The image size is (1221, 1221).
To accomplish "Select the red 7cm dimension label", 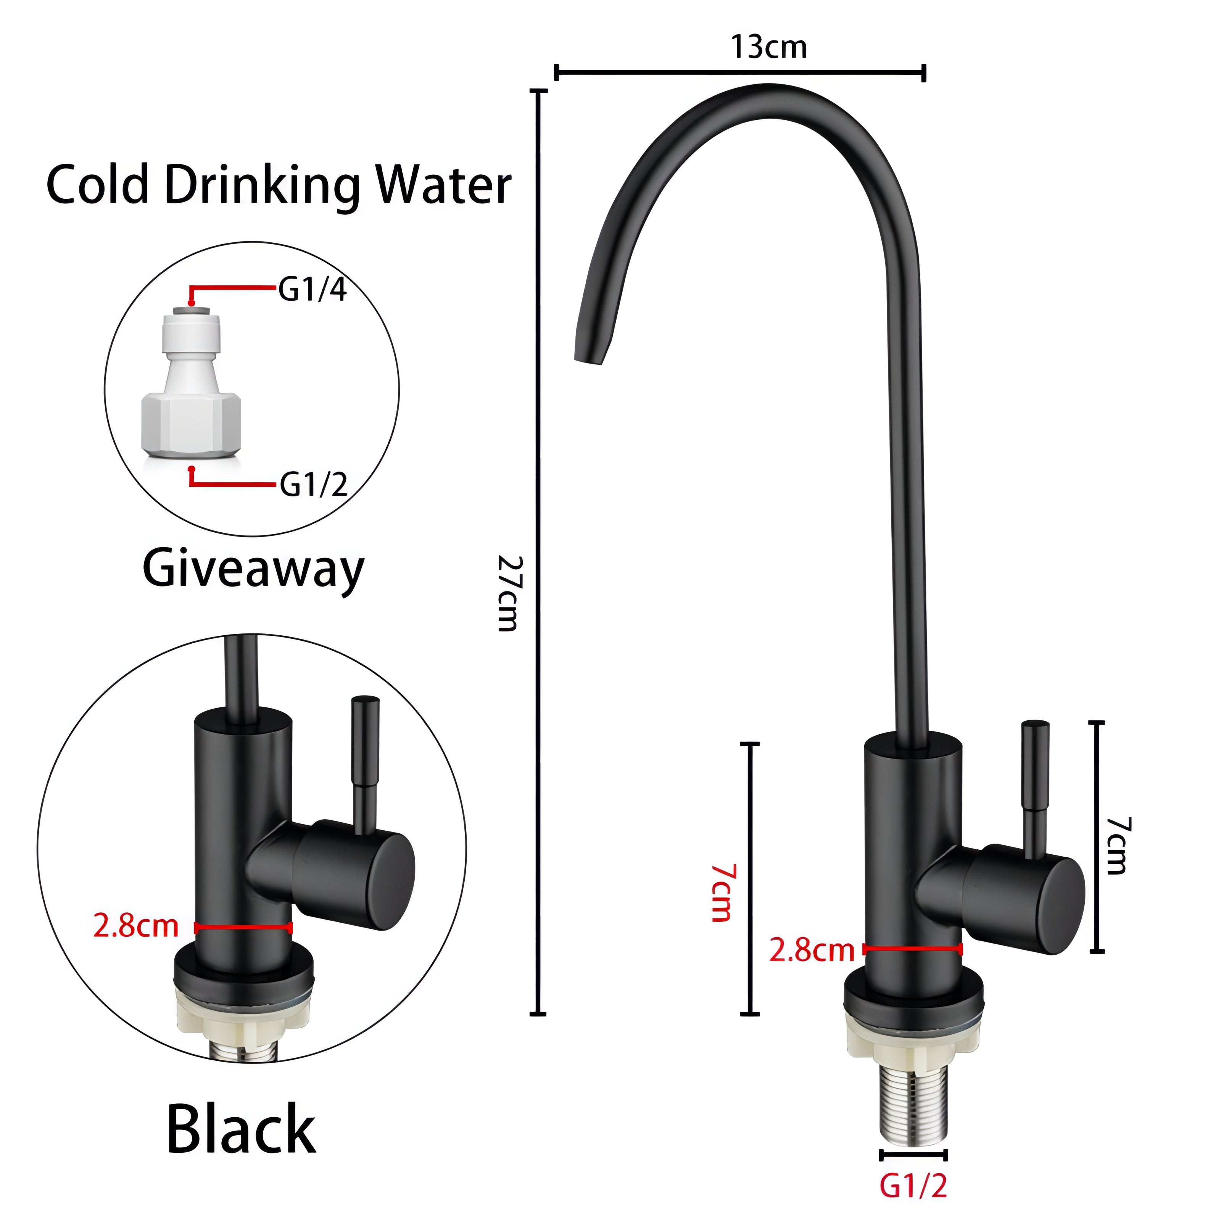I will [x=722, y=893].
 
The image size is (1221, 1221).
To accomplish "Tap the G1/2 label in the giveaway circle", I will [x=314, y=485].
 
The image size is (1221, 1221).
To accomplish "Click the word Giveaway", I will [x=253, y=569].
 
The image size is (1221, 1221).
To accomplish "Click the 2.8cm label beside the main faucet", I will [x=812, y=950].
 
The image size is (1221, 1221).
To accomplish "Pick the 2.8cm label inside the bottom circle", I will [x=136, y=926].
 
